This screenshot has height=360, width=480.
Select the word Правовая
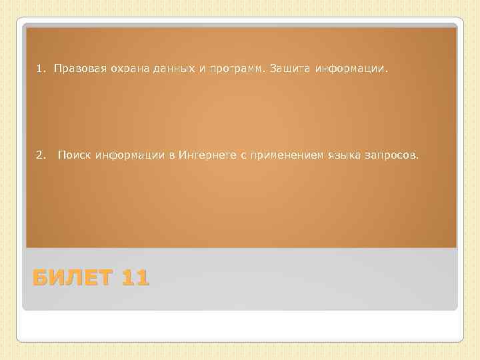click(75, 69)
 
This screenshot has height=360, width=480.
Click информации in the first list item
click(351, 69)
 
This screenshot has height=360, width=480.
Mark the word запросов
click(393, 155)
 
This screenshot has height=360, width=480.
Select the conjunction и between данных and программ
click(193, 69)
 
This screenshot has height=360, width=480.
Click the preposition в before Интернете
click(172, 156)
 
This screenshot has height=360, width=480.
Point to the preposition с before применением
click(243, 156)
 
